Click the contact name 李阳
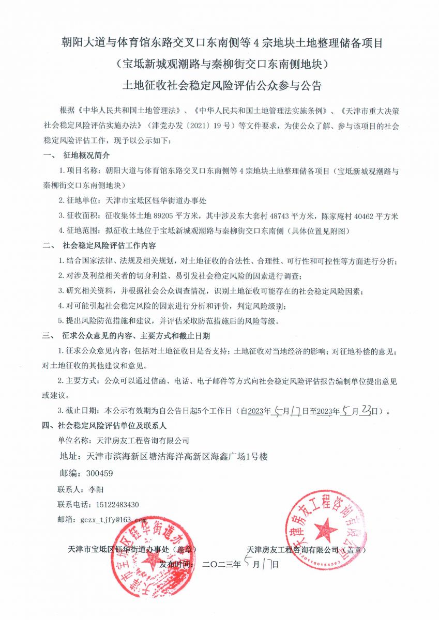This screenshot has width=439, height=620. pyautogui.click(x=97, y=489)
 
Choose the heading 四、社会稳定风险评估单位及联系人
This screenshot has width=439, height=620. pyautogui.click(x=104, y=426)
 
